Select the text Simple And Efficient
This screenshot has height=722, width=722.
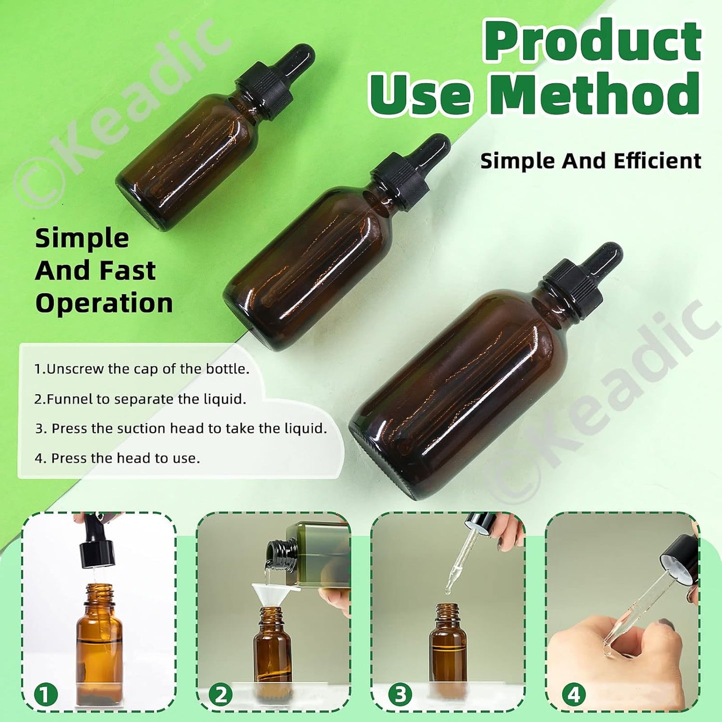point(591,161)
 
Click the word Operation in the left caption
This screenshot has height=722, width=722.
point(104,303)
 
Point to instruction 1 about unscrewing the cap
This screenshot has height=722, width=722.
point(142,369)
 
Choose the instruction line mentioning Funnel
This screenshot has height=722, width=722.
point(140,399)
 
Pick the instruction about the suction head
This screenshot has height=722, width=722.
point(181,429)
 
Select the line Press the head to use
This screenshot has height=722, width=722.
point(117,458)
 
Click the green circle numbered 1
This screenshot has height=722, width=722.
point(45,695)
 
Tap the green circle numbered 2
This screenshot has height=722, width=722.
point(220,695)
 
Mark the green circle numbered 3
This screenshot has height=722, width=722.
point(400,695)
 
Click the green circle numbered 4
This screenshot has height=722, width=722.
point(574,695)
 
